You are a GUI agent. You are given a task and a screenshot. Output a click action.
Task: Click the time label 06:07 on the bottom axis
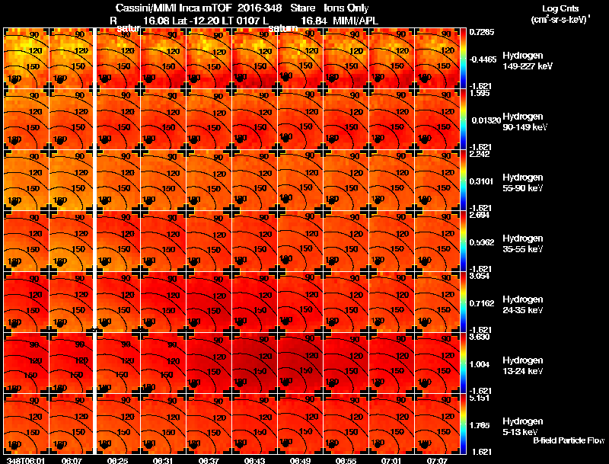(72, 460)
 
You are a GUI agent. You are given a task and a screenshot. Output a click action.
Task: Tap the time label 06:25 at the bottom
(117, 460)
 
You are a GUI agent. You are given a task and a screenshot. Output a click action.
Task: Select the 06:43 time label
(255, 460)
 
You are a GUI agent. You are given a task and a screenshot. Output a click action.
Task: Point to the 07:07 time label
(438, 460)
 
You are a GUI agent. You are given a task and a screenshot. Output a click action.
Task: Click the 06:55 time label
(346, 460)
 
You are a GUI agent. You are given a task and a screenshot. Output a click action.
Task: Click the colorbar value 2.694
(480, 215)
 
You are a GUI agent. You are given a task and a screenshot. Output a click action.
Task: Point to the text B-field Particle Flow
(569, 440)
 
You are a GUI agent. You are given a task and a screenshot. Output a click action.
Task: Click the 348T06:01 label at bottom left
(24, 460)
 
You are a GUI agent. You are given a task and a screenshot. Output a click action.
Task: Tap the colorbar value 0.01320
(485, 120)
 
